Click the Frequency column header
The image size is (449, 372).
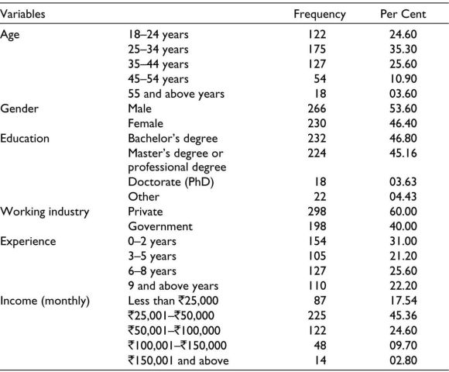(x=320, y=14)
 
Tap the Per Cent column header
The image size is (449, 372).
(x=403, y=14)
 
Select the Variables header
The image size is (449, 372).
(x=22, y=14)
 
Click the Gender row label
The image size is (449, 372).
(x=19, y=108)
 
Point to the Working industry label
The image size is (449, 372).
(x=45, y=212)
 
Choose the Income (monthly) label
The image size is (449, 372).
(x=45, y=301)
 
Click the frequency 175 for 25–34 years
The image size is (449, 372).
(x=317, y=49)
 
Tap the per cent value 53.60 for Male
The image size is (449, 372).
(x=403, y=108)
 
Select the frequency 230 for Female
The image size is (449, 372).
(x=317, y=123)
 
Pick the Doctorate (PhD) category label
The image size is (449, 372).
(x=171, y=182)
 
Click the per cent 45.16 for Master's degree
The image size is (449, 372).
(x=403, y=153)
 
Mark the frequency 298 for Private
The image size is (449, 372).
(x=317, y=212)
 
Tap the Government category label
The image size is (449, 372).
(x=160, y=226)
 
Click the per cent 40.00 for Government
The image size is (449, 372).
(x=403, y=226)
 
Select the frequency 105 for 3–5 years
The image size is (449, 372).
(x=317, y=256)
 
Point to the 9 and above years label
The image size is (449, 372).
(x=173, y=286)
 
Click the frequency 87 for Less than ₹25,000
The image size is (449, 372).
(x=320, y=301)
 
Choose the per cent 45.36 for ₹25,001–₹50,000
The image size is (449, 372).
(x=403, y=315)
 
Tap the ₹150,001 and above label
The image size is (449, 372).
(x=178, y=360)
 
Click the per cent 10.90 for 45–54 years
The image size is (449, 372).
(x=403, y=79)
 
